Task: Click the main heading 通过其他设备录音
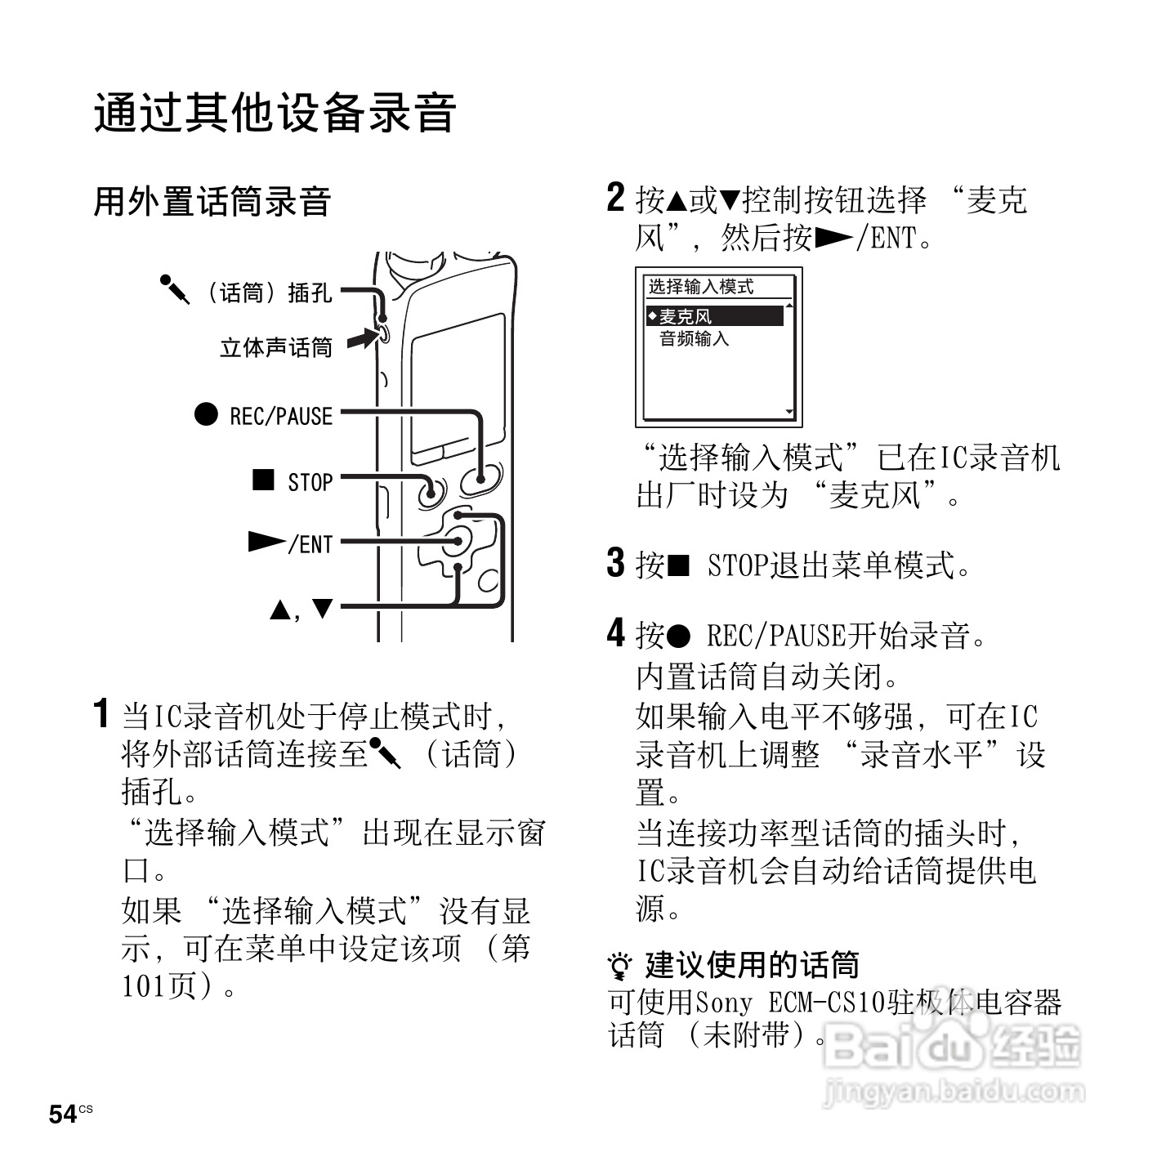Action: coord(275,113)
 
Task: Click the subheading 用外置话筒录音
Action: coord(212,202)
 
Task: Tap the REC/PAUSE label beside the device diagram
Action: coord(281,416)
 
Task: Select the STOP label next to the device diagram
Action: coord(310,482)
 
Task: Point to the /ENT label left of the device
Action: coord(310,544)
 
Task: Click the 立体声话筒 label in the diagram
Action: coord(276,348)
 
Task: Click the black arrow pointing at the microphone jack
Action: coord(360,338)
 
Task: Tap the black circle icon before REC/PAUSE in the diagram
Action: coord(206,414)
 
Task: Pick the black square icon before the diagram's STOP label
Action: coord(263,479)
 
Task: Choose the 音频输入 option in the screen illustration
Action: coord(694,338)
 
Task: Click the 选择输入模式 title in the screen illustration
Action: coord(701,287)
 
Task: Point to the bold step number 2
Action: coord(615,199)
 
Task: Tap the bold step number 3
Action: coord(615,563)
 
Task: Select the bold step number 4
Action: coord(615,633)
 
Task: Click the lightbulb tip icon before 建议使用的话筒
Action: coord(621,967)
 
